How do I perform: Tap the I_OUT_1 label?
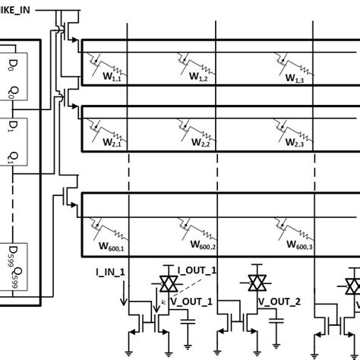click(x=197, y=271)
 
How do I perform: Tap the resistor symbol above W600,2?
click(x=205, y=228)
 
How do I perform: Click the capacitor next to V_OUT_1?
click(x=187, y=320)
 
